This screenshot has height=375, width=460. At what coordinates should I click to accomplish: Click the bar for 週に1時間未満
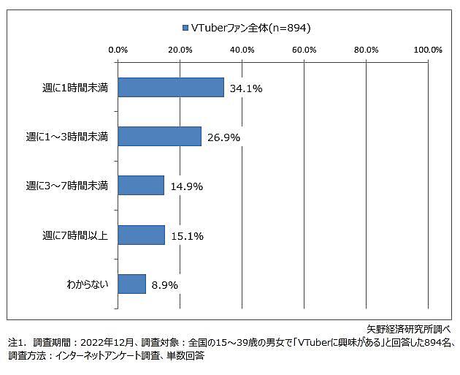tap(170, 88)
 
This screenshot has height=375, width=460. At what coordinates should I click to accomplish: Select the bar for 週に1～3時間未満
tap(159, 137)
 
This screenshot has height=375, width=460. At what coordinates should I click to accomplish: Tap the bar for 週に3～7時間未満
tap(140, 186)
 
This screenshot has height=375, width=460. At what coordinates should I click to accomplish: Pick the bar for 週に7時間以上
tap(141, 235)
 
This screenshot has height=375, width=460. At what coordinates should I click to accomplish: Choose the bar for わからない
tap(131, 284)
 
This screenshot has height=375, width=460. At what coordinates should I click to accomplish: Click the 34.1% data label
tap(246, 88)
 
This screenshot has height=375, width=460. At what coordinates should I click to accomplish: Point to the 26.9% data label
tap(223, 137)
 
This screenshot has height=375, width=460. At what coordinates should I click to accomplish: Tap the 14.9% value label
tap(186, 186)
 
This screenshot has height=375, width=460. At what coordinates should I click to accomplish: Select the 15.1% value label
tap(187, 235)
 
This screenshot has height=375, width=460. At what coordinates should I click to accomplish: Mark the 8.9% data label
tap(165, 284)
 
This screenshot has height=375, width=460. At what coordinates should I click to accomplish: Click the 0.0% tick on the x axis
tap(118, 50)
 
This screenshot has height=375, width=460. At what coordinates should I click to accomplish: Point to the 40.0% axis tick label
tap(242, 50)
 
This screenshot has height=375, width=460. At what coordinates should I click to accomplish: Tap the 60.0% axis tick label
tap(304, 50)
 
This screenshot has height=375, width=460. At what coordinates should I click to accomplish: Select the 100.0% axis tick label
tap(427, 50)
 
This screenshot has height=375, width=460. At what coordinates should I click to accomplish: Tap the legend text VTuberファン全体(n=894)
tap(250, 29)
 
